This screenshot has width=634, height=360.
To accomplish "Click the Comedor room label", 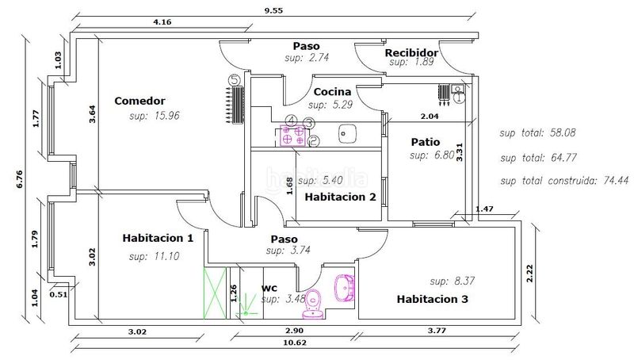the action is (139, 101).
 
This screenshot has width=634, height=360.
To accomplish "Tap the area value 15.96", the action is (166, 116).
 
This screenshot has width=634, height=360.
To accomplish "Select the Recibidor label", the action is (411, 52).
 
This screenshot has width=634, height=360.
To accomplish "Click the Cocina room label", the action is (332, 92).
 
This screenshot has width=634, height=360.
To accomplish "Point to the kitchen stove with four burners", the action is (293, 136).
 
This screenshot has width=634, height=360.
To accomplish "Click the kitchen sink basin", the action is (347, 133).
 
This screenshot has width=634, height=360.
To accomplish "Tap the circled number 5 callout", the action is (235, 79).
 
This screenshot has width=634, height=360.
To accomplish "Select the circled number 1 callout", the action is (459, 97).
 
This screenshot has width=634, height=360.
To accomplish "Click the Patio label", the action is (426, 142).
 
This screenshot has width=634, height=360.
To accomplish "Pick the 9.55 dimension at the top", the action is (273, 10).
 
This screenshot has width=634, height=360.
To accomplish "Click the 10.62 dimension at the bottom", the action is (295, 343).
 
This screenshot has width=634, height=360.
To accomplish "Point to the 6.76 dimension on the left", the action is (19, 179).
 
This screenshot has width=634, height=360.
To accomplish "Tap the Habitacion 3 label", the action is (432, 299).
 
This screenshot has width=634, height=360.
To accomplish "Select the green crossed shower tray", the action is (215, 293).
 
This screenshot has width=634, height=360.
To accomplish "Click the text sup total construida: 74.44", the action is (564, 181).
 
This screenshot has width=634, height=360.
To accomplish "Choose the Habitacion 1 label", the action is (158, 238).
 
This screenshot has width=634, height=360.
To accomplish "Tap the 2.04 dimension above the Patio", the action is (430, 117).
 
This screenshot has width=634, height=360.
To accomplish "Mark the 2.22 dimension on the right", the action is (530, 273).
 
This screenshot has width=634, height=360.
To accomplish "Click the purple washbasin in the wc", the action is (345, 288).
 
